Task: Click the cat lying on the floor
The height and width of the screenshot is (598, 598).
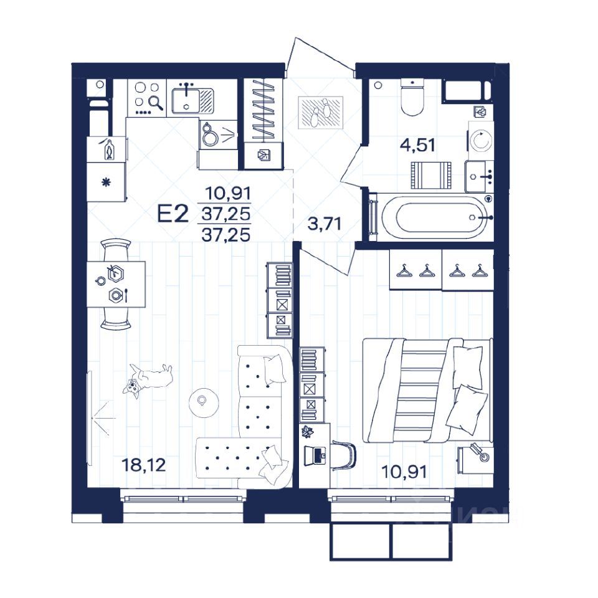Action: coord(148,379)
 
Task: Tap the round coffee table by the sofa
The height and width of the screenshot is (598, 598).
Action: coord(204,403)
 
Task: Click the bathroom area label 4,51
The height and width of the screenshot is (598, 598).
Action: coord(418,145)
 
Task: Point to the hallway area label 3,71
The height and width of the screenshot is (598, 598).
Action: coord(324,224)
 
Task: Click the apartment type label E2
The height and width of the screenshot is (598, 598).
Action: coord(173,214)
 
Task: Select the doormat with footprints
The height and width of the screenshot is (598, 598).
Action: coord(321,113)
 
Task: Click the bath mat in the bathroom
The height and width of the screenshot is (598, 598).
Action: coord(431,176)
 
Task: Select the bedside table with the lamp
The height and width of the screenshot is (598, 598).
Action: coord(475,460)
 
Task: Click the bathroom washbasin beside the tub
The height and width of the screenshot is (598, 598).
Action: coord(479,176)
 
